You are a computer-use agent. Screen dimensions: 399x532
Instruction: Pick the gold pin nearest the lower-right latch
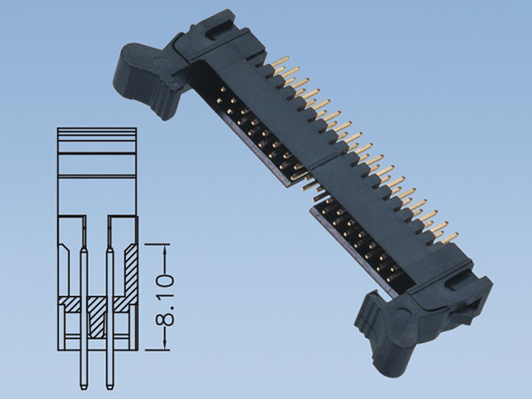pos(449,238)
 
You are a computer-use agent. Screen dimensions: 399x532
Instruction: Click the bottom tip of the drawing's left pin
pos(82,387)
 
